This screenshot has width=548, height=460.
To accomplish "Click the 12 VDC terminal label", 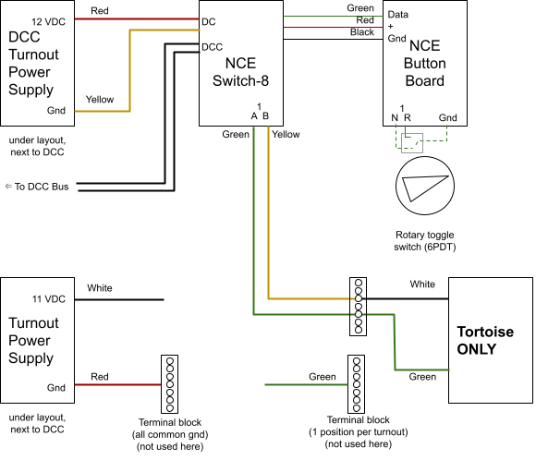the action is pyautogui.click(x=49, y=21).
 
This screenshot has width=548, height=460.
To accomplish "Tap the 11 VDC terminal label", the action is pyautogui.click(x=49, y=299).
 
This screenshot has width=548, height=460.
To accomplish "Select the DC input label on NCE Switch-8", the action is pyautogui.click(x=209, y=21).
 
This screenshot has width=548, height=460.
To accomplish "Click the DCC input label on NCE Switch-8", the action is pyautogui.click(x=213, y=47).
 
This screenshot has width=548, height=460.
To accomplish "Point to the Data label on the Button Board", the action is pyautogui.click(x=398, y=15).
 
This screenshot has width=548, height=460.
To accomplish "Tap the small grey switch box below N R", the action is pyautogui.click(x=412, y=143).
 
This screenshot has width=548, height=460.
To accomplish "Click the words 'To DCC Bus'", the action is pyautogui.click(x=42, y=187).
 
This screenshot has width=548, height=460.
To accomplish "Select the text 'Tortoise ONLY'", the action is pyautogui.click(x=485, y=340).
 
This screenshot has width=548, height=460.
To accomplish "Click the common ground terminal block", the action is pyautogui.click(x=169, y=384).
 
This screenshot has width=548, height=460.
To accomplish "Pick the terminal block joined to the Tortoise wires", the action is pyautogui.click(x=359, y=307).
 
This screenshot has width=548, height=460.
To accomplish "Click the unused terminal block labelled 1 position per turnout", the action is pyautogui.click(x=356, y=384).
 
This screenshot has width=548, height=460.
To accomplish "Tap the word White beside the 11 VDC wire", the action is pyautogui.click(x=100, y=288).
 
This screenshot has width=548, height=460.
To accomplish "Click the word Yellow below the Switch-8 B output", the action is pyautogui.click(x=286, y=134).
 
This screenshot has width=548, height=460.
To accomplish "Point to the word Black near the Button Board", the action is pyautogui.click(x=362, y=32).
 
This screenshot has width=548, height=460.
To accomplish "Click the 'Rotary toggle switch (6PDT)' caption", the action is pyautogui.click(x=425, y=241).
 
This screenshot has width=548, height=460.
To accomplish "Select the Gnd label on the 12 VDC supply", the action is pyautogui.click(x=56, y=110).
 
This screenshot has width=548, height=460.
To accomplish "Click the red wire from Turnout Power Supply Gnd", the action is pyautogui.click(x=117, y=385).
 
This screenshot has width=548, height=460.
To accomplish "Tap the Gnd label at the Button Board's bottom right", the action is pyautogui.click(x=447, y=117).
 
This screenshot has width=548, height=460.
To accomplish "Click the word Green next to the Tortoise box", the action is pyautogui.click(x=422, y=377).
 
